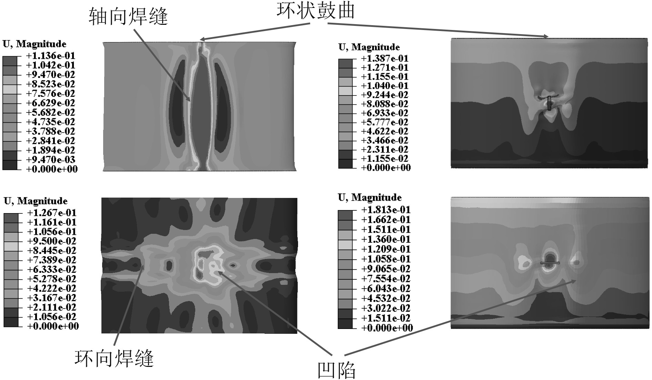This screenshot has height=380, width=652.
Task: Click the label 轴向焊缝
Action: point(128,17)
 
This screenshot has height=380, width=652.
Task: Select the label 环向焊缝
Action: point(114,358)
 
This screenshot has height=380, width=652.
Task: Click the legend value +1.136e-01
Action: point(51,56)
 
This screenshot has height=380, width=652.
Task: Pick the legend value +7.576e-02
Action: point(51,93)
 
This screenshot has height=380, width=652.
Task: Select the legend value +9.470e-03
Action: point(51,160)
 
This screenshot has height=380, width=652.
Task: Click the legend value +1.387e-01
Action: point(384,59)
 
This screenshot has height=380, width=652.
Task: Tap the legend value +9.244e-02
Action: point(384,95)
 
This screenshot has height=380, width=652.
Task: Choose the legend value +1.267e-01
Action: point(52,213)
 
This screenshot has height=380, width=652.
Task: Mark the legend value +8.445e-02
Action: point(52,251)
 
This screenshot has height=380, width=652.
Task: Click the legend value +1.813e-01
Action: point(386,210)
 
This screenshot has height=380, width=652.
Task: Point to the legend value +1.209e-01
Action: point(386,249)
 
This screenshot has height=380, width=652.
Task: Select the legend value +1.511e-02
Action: point(386,318)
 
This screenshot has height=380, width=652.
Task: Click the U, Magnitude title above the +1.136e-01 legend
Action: point(34,44)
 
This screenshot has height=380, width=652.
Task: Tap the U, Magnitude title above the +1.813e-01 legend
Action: point(369,198)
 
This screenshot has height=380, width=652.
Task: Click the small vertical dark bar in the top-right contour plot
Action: point(549,103)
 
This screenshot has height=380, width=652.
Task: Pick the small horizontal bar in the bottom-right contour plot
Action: point(550,263)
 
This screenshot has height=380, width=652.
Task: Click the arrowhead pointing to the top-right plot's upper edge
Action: point(546,36)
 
